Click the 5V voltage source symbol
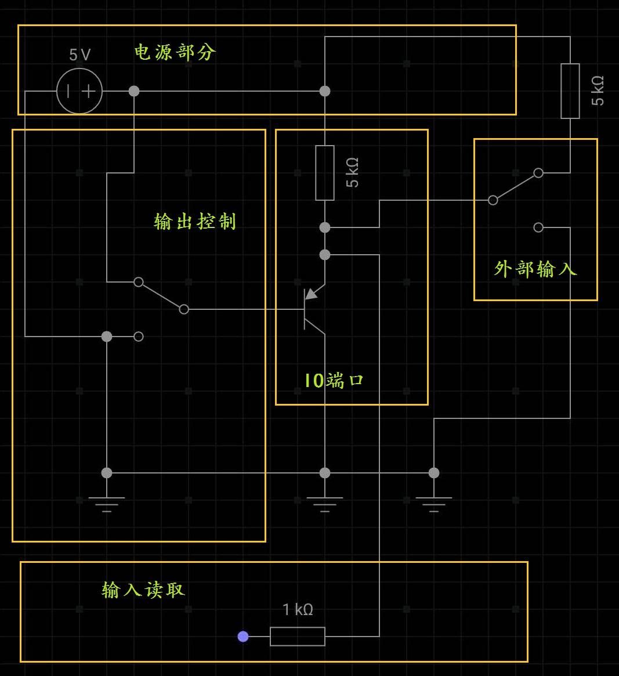79,91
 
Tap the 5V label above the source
80,55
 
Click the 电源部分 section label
175,52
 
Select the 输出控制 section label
195,221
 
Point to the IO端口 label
334,381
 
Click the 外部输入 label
535,269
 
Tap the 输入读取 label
143,590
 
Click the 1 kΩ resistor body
298,637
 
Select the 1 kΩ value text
298,610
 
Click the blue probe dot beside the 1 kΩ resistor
243,637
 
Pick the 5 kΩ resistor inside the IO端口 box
325,173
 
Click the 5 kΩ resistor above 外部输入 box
570,91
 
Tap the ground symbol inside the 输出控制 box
107,503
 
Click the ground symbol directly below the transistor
325,503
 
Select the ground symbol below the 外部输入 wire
434,503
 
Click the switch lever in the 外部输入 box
515,186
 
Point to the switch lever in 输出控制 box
161,296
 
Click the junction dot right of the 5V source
134,91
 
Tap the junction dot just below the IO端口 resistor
325,227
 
